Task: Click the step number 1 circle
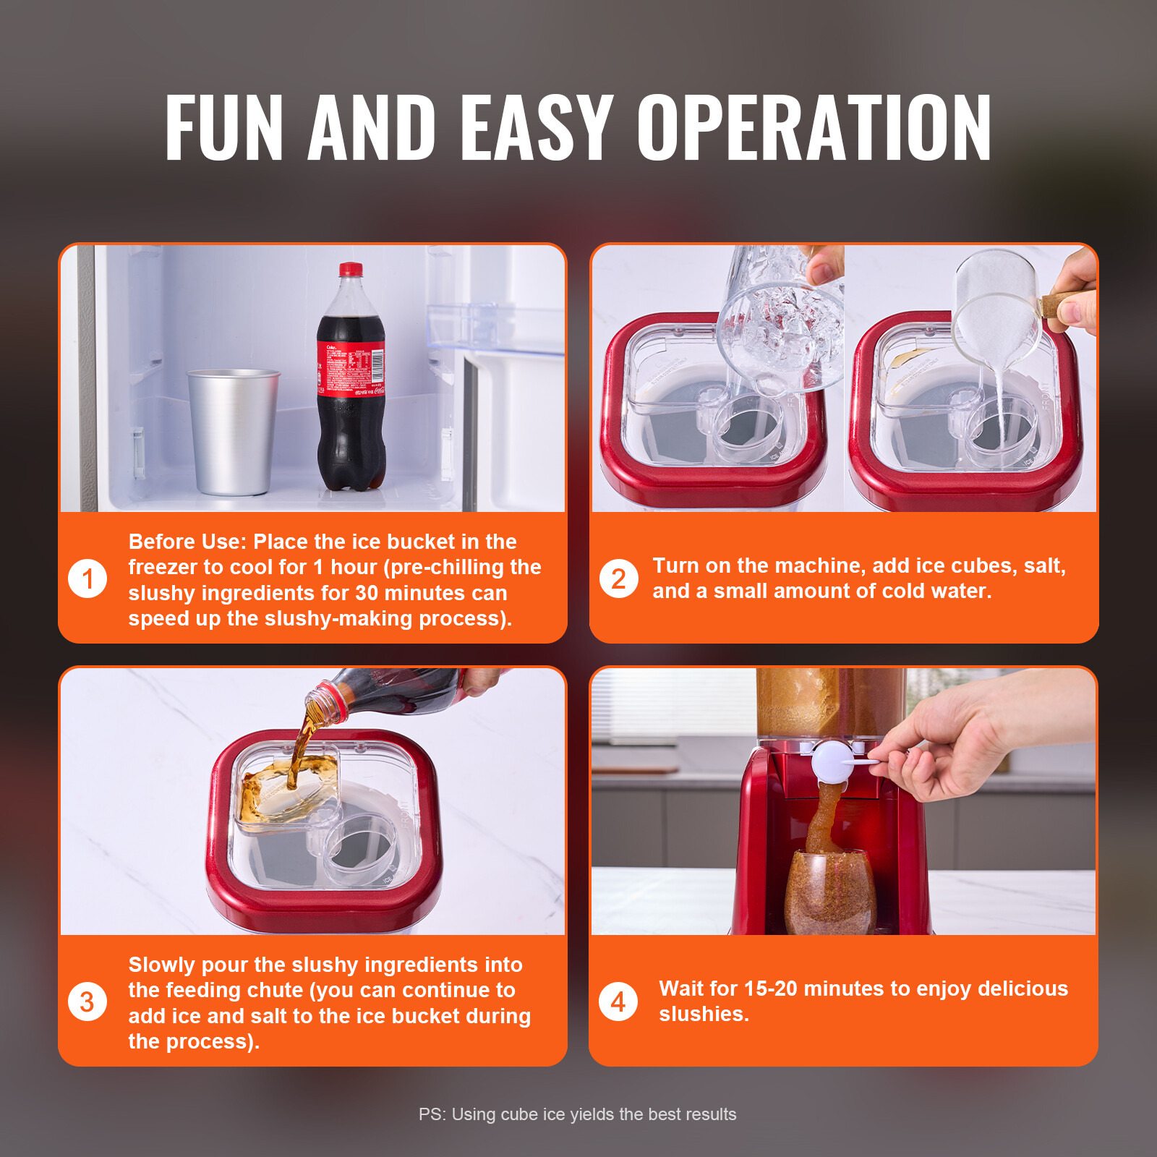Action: pos(87,579)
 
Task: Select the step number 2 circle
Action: pos(618,579)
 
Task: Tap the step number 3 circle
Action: pos(87,1002)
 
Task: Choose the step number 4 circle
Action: pos(618,1002)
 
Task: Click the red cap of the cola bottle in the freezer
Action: pos(351,269)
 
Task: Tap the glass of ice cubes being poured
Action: pos(781,325)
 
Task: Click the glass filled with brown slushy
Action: pos(829,893)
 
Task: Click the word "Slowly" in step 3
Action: pos(161,965)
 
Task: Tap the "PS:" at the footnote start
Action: pos(432,1114)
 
